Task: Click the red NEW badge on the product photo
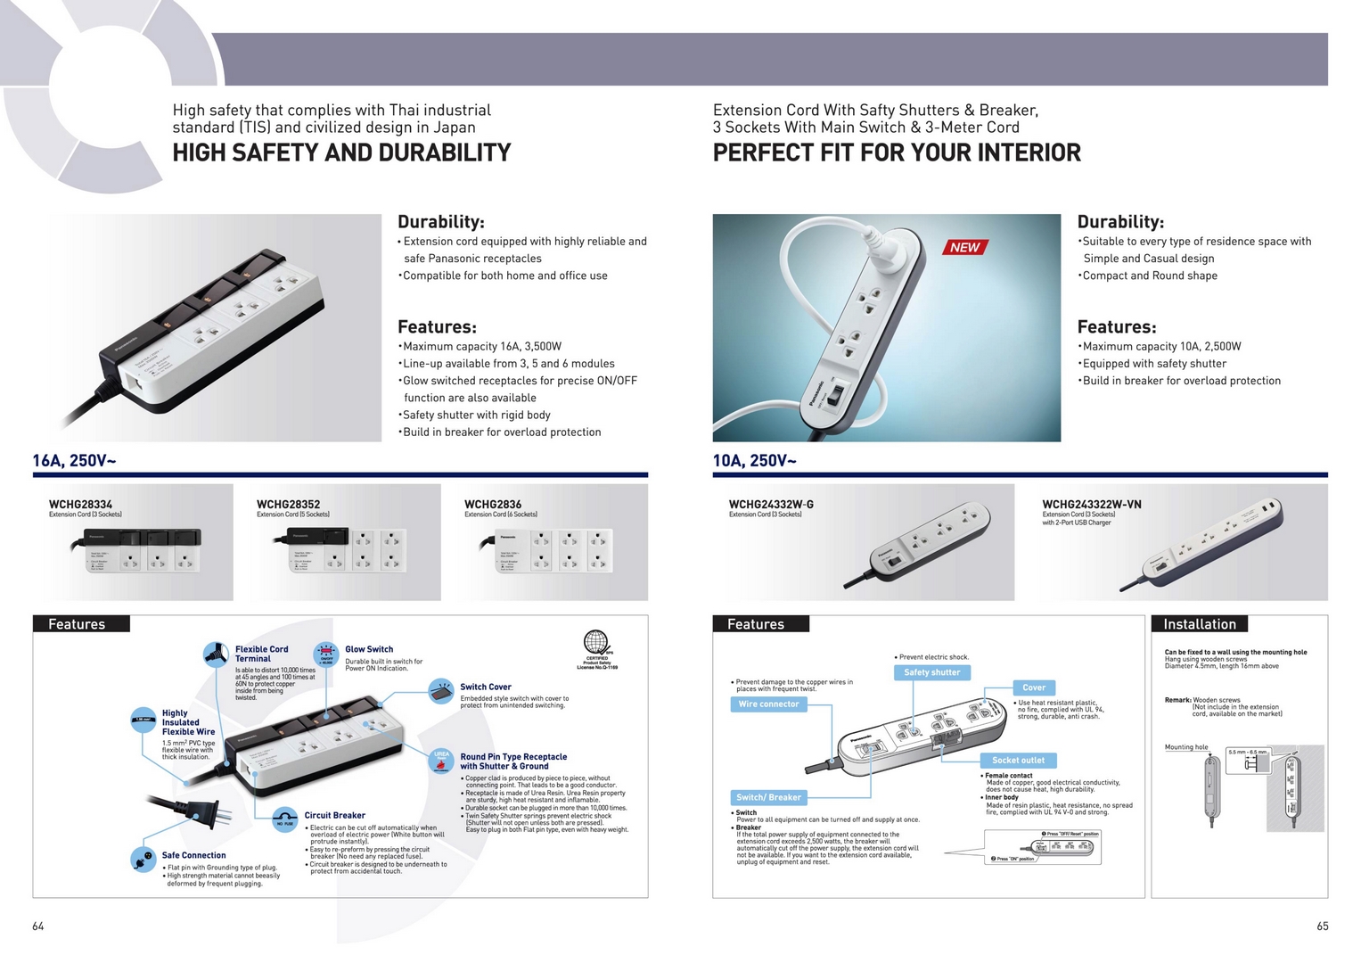point(964,247)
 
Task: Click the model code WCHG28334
point(80,505)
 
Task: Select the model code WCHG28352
point(288,505)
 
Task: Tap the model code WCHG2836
point(493,505)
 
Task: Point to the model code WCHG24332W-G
point(771,505)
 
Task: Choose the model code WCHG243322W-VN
point(1091,505)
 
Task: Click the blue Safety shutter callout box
point(931,672)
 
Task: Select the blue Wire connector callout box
point(768,704)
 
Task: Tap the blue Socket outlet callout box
point(1018,761)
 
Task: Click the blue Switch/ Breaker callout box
point(768,797)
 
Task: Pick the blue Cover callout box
point(1033,687)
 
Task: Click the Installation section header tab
point(1199,624)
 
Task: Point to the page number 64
point(38,926)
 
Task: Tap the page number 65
point(1322,926)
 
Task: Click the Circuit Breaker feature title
point(334,815)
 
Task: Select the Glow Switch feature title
point(369,649)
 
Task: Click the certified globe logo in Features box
point(595,641)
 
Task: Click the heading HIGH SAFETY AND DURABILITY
point(341,153)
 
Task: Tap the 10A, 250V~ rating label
point(754,461)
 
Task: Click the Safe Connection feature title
point(193,855)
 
